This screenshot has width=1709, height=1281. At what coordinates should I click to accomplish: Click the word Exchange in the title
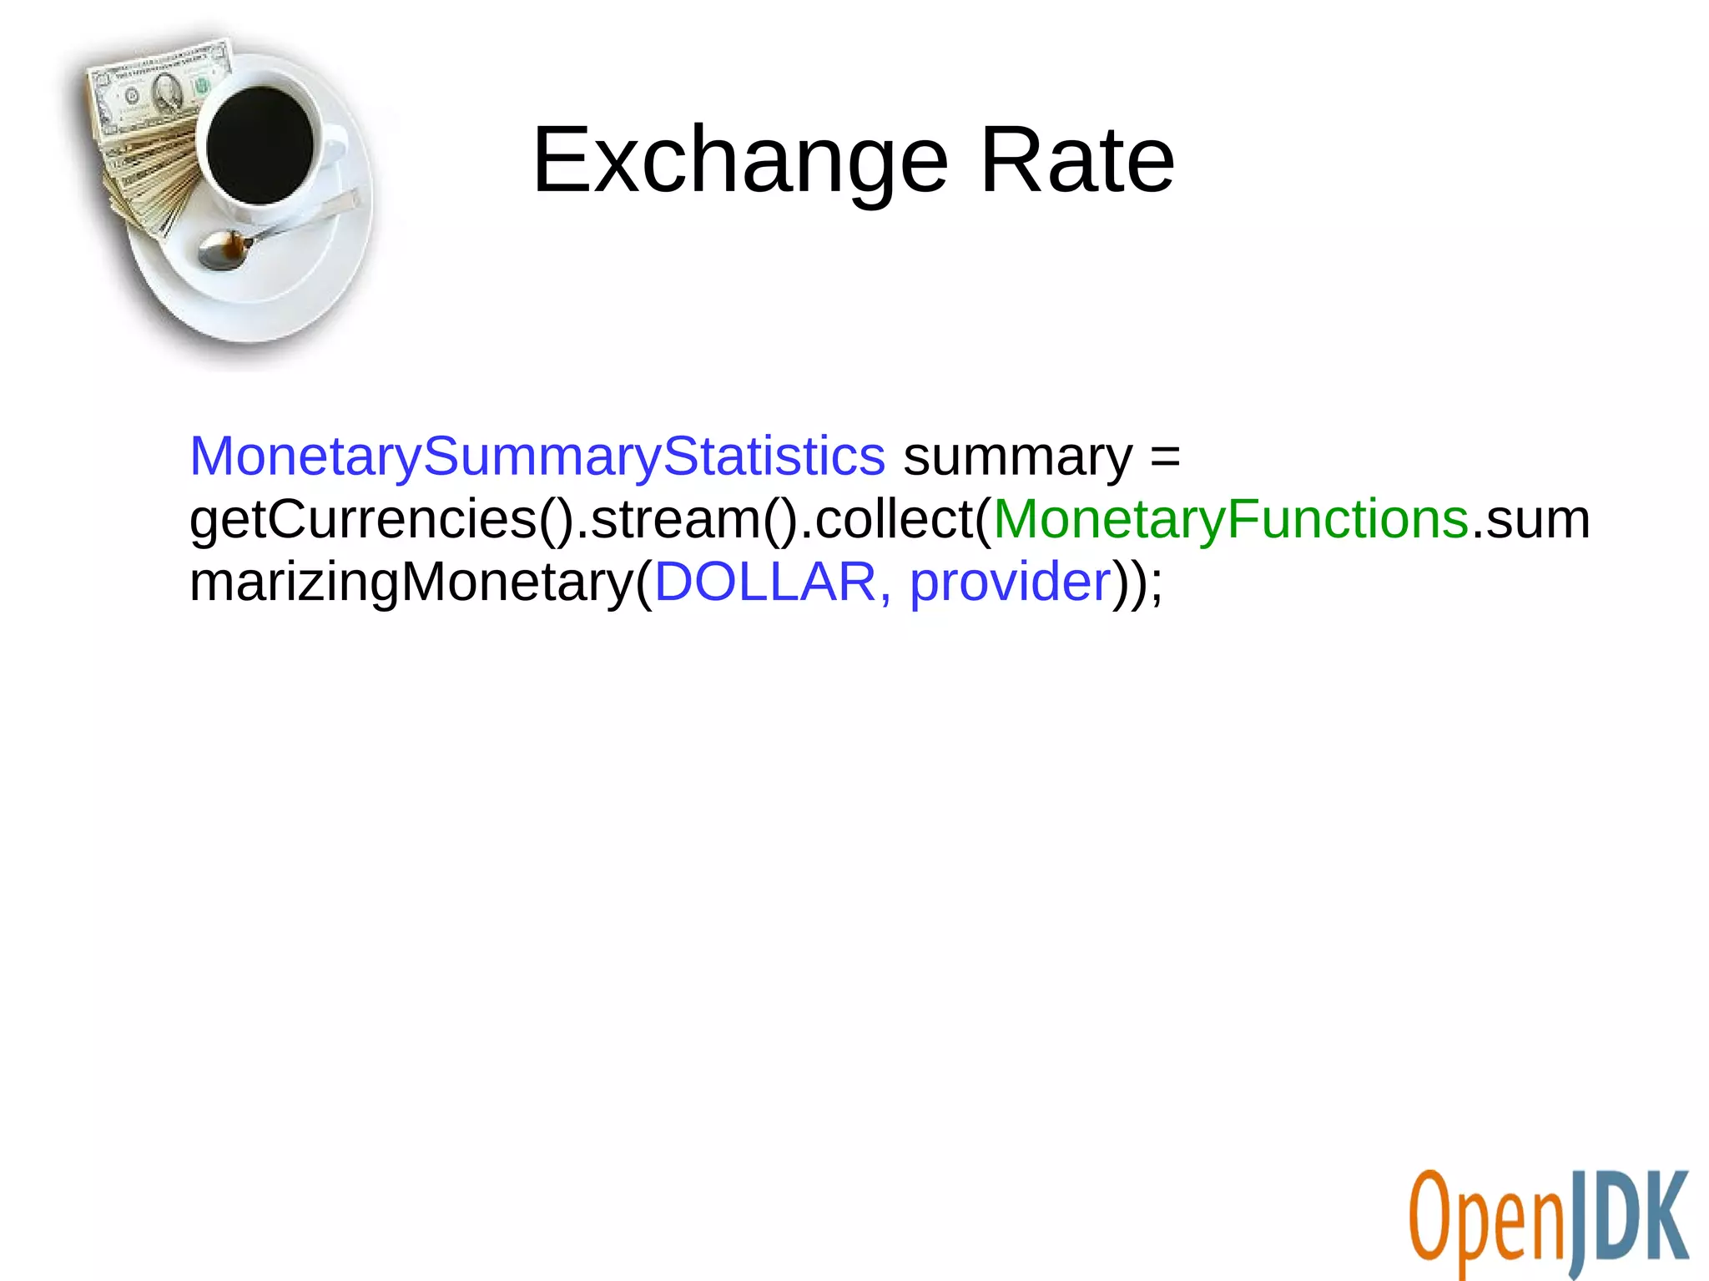click(740, 160)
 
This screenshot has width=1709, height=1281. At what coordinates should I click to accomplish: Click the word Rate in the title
click(1076, 160)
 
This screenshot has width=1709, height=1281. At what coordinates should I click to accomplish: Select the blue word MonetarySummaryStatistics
click(537, 456)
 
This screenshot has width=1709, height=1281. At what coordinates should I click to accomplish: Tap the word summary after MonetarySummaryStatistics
click(1017, 457)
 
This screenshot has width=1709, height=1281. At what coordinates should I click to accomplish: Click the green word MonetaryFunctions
click(1231, 519)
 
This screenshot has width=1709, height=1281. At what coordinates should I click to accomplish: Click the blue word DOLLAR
click(765, 582)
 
